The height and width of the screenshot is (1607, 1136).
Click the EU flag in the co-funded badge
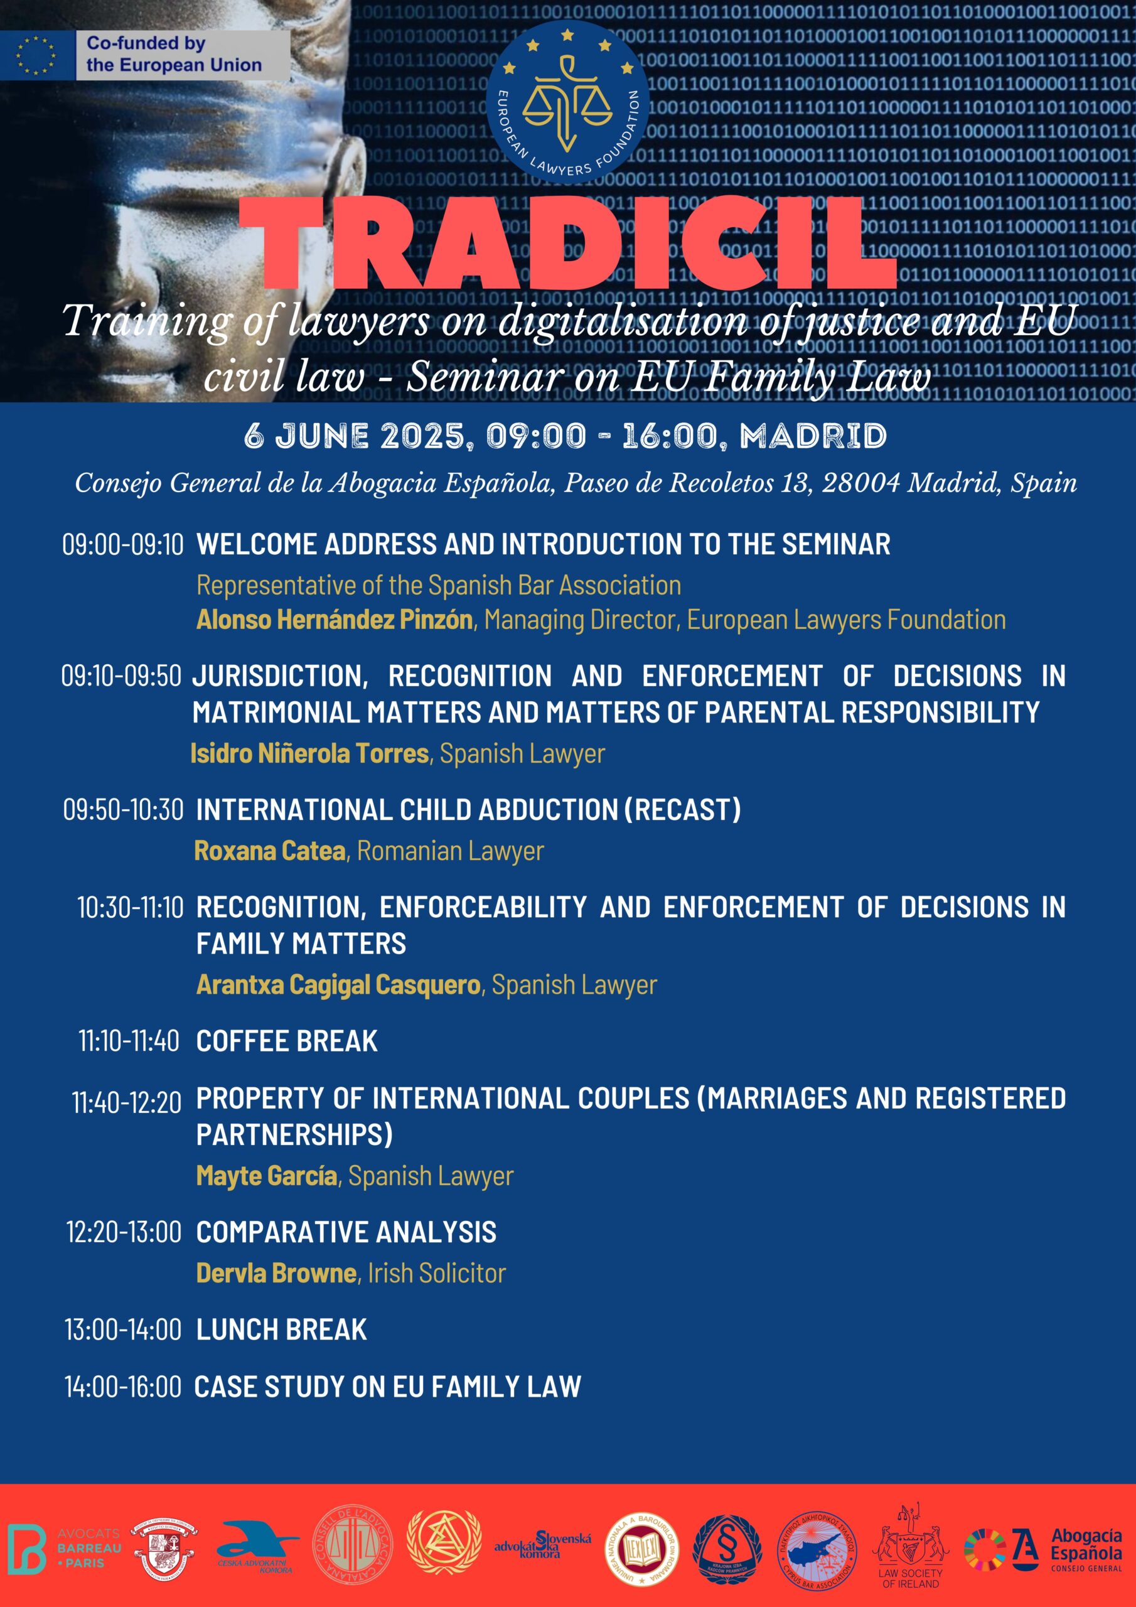click(36, 55)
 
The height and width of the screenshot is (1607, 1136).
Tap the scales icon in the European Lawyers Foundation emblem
click(567, 102)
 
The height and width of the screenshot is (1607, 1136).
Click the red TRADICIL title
click(567, 244)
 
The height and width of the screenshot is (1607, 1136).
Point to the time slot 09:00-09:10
click(122, 544)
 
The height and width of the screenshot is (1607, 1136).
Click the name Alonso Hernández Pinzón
click(335, 620)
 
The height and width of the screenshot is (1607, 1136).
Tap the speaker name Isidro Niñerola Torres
click(309, 754)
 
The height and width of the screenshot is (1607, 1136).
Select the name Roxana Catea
click(270, 851)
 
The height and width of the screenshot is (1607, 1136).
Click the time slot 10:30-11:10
click(130, 908)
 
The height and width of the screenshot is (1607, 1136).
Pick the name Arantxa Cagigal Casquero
click(338, 985)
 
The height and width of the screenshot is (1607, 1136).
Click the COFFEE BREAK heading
click(287, 1041)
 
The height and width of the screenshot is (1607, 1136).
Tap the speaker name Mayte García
click(267, 1176)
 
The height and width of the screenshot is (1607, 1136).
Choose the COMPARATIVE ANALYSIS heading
click(346, 1232)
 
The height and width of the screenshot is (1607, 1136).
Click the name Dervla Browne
click(277, 1273)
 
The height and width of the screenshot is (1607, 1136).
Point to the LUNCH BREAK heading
click(281, 1330)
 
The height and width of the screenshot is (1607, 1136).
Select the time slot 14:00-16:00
click(123, 1387)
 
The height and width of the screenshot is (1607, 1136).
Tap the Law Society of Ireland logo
click(910, 1547)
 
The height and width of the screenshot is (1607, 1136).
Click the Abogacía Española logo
click(1043, 1550)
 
